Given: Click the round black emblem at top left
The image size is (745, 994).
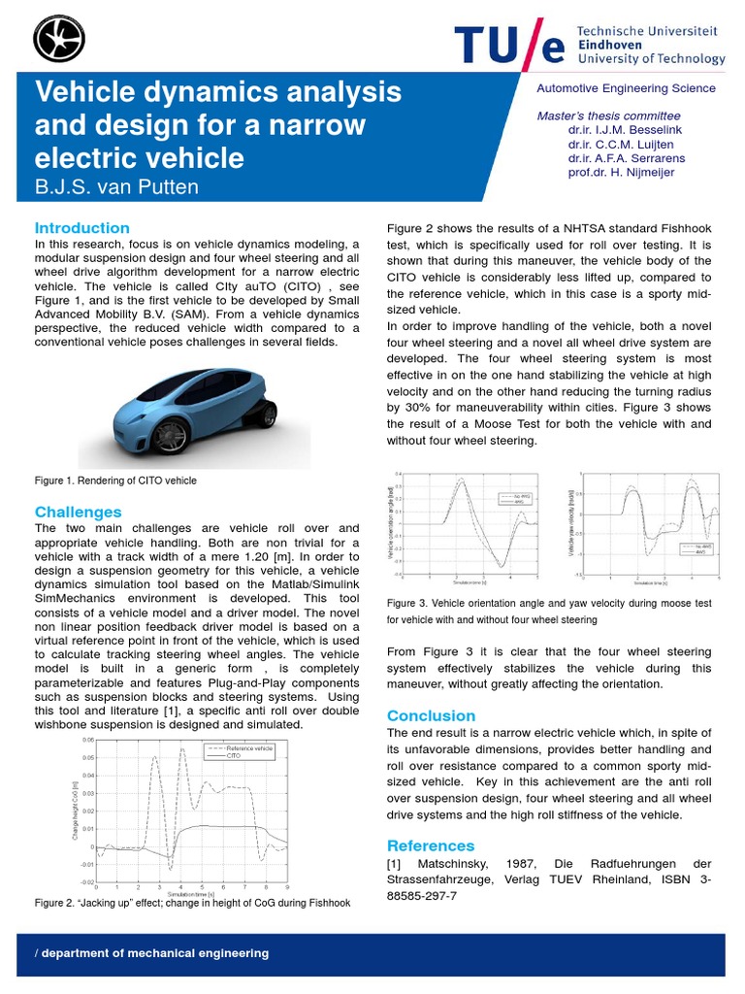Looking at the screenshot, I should click(58, 39).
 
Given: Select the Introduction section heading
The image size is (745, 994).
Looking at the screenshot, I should click(82, 227).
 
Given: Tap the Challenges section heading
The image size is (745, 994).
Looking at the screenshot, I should click(79, 512).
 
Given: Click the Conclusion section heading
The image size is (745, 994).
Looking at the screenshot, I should click(432, 715).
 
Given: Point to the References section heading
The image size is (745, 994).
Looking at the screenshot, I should click(431, 845).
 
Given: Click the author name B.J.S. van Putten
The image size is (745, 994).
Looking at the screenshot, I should click(116, 187).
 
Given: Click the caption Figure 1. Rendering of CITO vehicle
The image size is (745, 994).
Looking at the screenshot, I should click(115, 480).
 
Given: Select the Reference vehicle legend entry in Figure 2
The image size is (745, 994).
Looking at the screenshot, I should click(249, 748).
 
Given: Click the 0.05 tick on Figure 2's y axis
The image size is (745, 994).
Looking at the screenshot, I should click(88, 757).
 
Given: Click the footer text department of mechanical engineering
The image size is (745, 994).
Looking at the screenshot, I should click(152, 953).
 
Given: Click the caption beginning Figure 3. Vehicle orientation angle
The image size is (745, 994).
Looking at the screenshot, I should click(548, 603).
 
